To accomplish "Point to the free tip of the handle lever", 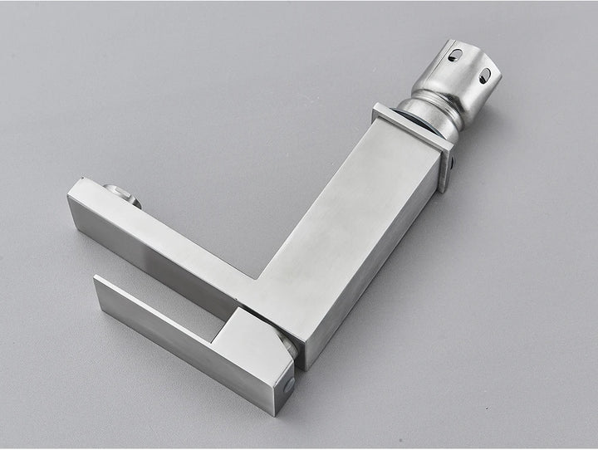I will (x=101, y=286).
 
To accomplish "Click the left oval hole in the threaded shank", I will (x=454, y=56).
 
